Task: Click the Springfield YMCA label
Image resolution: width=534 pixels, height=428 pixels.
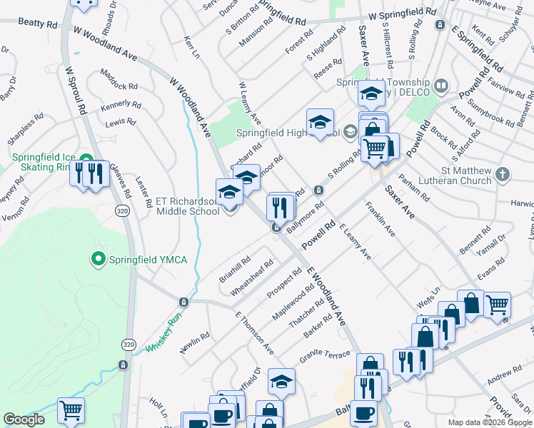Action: pyautogui.click(x=147, y=259)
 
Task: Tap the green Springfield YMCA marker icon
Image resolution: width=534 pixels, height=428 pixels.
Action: pyautogui.click(x=99, y=258)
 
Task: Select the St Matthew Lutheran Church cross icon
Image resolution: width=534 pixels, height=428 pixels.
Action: pyautogui.click(x=503, y=174)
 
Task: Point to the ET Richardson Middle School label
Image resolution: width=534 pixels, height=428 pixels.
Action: pyautogui.click(x=187, y=206)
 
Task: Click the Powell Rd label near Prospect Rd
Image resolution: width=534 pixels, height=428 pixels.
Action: pyautogui.click(x=318, y=236)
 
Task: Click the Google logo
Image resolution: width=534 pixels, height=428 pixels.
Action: pyautogui.click(x=24, y=419)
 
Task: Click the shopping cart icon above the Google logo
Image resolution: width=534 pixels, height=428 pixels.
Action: pyautogui.click(x=71, y=409)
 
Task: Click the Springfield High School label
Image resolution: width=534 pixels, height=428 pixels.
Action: pyautogui.click(x=289, y=132)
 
